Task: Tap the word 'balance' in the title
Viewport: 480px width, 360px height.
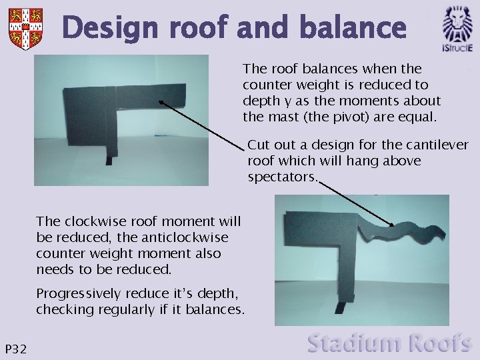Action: pos(353,29)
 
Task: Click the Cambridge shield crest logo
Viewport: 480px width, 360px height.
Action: pos(26,27)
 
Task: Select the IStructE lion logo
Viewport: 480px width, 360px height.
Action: pos(458,27)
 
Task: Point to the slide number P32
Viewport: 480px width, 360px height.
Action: pos(16,349)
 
